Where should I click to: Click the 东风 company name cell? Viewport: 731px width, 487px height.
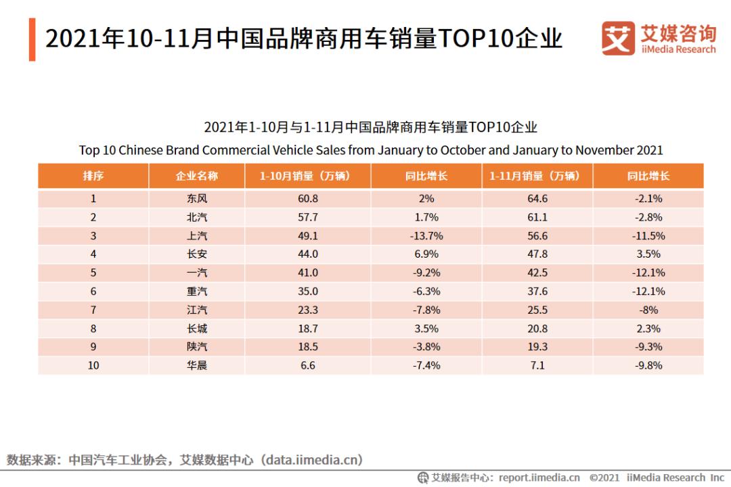[197, 199]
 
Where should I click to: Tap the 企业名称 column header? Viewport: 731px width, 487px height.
[197, 176]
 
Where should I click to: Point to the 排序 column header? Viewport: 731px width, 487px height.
[93, 176]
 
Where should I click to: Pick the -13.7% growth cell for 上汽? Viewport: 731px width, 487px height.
[426, 236]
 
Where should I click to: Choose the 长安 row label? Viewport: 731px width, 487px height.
[197, 254]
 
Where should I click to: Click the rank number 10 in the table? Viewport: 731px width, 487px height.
[93, 365]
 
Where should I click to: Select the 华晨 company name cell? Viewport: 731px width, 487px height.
[197, 365]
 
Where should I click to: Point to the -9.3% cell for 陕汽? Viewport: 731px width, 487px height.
[648, 346]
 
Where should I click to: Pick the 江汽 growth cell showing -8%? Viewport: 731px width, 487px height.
[648, 310]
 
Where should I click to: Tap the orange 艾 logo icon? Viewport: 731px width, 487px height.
[618, 39]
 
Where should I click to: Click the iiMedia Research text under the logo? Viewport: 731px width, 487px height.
[679, 49]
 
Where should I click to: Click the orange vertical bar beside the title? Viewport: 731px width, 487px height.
[32, 39]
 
